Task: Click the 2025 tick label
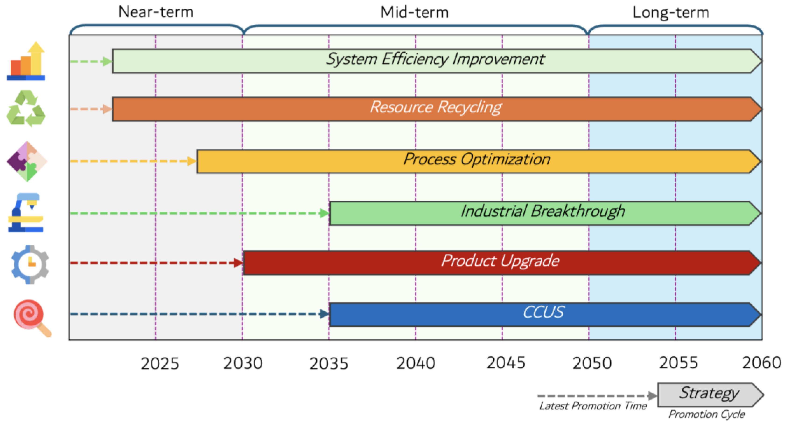pyautogui.click(x=160, y=363)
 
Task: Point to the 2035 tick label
pyautogui.click(x=329, y=363)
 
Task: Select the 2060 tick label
pyautogui.click(x=761, y=362)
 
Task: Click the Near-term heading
pyautogui.click(x=156, y=12)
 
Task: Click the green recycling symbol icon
pyautogui.click(x=26, y=108)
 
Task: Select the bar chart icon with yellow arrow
pyautogui.click(x=26, y=61)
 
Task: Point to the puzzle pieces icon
pyautogui.click(x=27, y=161)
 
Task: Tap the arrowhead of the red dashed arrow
pyautogui.click(x=238, y=263)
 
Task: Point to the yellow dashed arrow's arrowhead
pyautogui.click(x=192, y=161)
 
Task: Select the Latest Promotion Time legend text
pyautogui.click(x=593, y=406)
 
